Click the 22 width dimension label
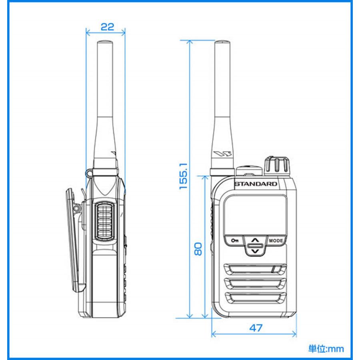(x=106, y=27)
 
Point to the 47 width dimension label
(x=256, y=328)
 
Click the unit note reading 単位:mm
(x=326, y=348)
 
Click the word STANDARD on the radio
(x=255, y=184)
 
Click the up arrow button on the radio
(x=255, y=241)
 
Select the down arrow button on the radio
(x=255, y=251)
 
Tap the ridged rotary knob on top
(x=276, y=165)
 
